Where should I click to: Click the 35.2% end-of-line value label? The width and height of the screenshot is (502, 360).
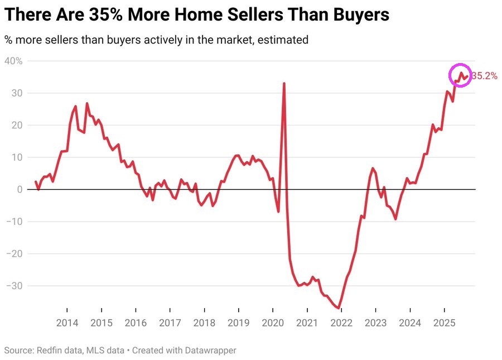click(484, 76)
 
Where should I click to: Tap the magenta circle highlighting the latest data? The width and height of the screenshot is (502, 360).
click(461, 76)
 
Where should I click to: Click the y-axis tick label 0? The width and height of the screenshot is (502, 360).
click(19, 190)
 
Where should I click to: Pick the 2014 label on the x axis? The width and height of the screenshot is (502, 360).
click(67, 323)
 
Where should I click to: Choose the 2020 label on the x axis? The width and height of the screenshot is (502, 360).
click(273, 323)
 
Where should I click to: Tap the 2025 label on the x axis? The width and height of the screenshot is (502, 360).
click(444, 323)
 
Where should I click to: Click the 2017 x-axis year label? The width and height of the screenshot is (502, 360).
click(170, 323)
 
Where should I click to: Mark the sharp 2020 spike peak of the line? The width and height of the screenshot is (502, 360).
click(284, 84)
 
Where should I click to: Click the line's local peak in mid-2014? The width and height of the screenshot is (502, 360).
click(87, 103)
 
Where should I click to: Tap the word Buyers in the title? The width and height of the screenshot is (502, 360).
click(361, 15)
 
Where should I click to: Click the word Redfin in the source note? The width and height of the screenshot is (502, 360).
click(49, 351)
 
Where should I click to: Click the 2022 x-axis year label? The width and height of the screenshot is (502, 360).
click(341, 323)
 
